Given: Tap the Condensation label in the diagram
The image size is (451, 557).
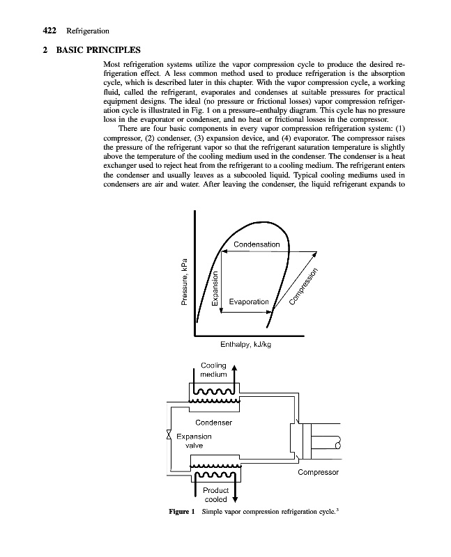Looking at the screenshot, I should point(257,244).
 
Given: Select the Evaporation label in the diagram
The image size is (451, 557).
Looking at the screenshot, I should point(244,301).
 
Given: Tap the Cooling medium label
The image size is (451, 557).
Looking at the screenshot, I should point(213,370).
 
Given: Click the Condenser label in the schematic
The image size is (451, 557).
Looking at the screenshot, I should point(213,422).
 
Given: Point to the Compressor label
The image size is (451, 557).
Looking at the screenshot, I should point(318,473).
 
